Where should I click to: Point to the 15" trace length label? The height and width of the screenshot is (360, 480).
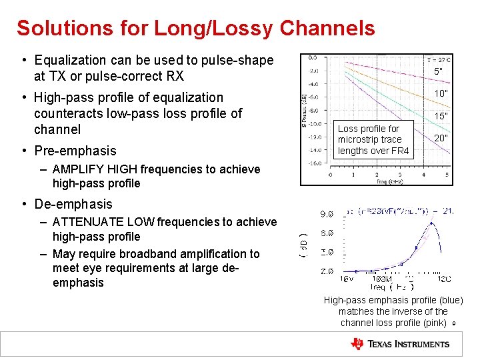(x=441, y=116)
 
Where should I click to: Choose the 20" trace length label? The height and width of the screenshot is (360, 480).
(x=441, y=139)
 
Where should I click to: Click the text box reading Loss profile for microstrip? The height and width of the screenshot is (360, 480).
(x=373, y=139)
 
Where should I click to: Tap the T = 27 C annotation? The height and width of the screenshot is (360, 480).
(x=437, y=59)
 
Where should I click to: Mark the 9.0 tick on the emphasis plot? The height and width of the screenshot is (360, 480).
(x=327, y=215)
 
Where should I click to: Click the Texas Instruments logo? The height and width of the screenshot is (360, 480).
(x=401, y=344)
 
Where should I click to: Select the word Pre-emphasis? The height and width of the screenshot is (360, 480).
(x=75, y=151)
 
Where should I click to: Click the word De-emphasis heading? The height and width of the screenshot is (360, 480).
(x=73, y=204)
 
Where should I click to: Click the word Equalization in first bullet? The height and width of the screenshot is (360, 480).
(x=73, y=60)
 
